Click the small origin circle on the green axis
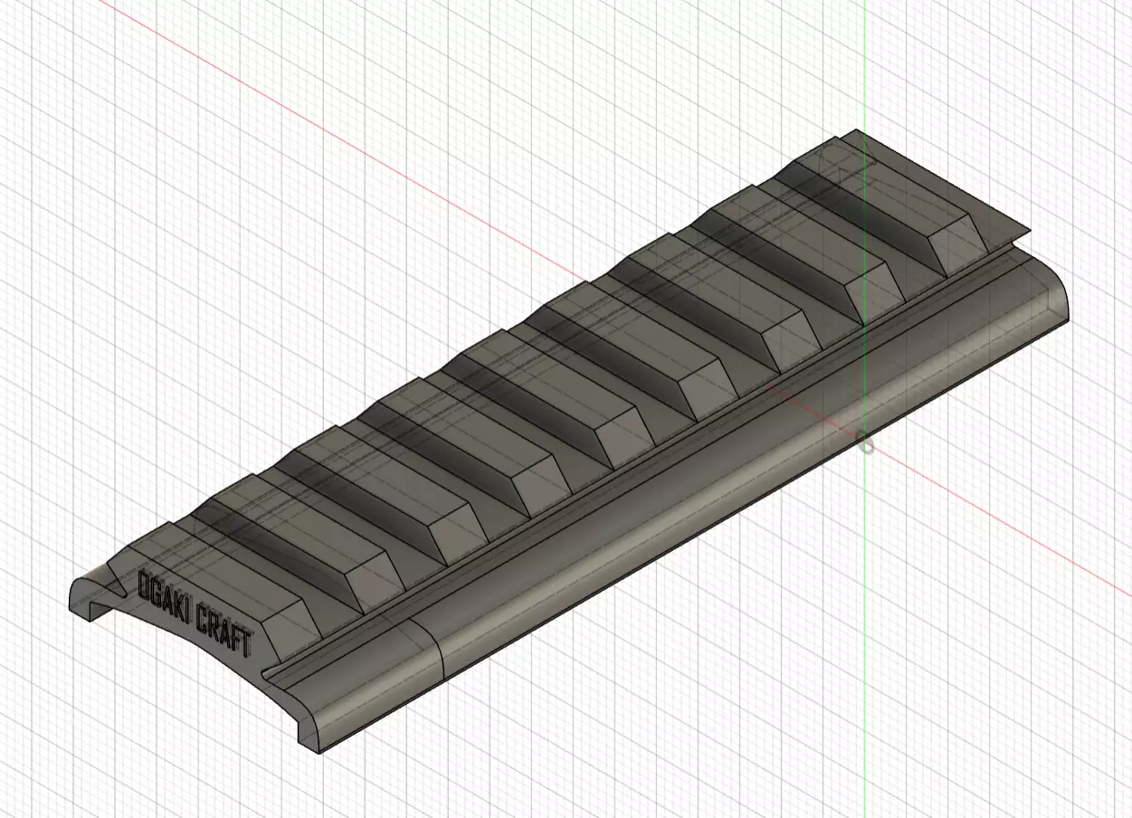tap(866, 446)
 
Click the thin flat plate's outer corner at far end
tap(1028, 231)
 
